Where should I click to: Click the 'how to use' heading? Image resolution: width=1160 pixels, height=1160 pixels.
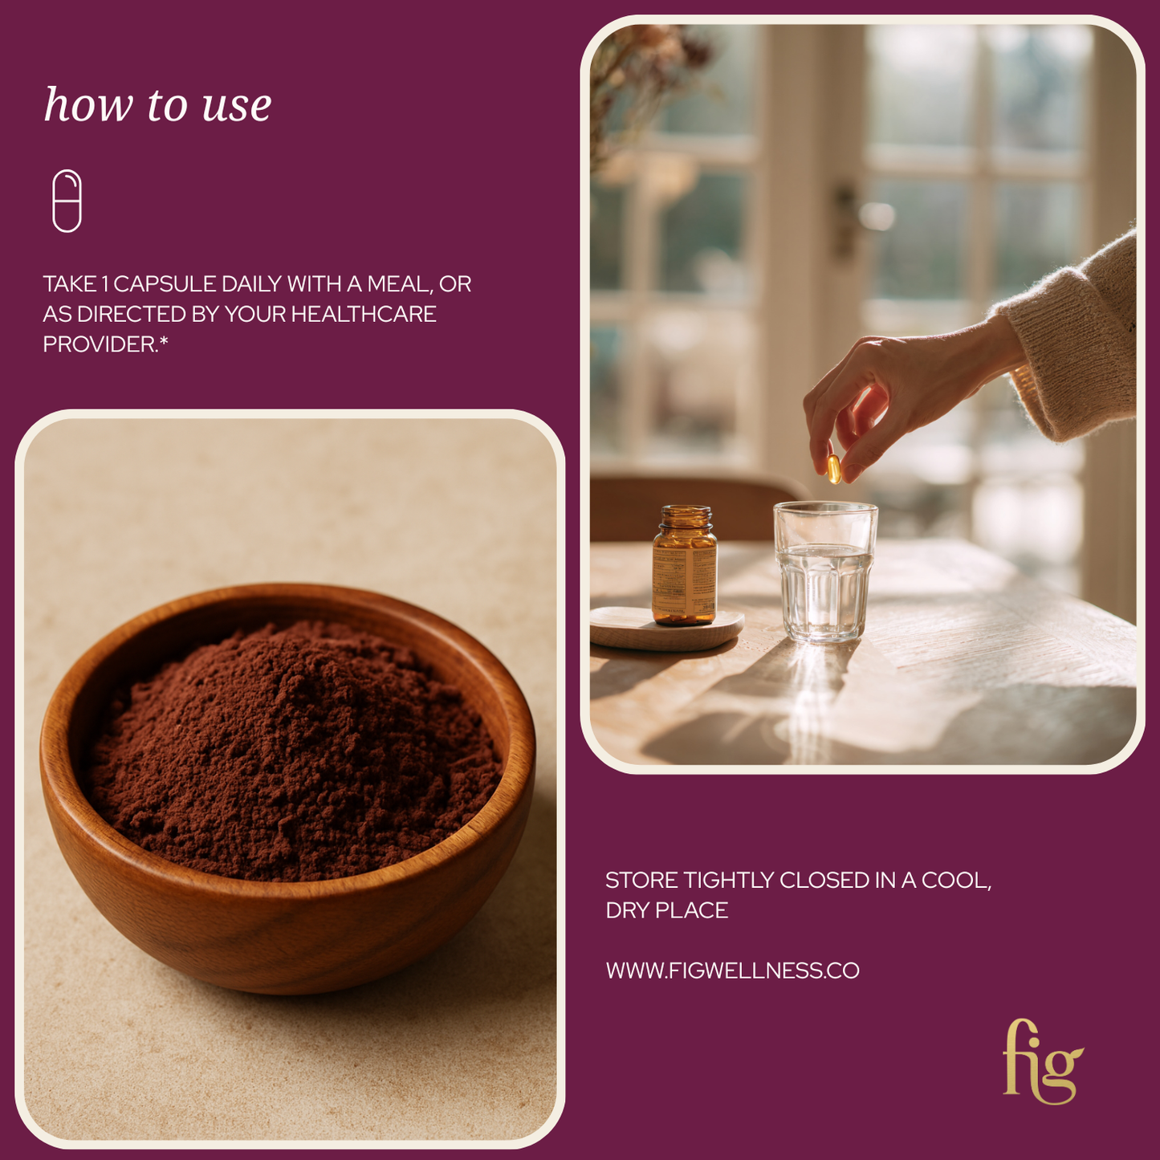[x=157, y=104]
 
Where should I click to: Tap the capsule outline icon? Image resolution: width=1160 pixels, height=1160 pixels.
[x=67, y=201]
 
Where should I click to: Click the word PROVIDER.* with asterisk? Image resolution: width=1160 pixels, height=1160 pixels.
[x=105, y=344]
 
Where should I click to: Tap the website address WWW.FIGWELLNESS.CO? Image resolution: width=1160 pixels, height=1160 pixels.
[x=733, y=971]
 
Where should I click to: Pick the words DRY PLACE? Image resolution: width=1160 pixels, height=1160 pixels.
[x=667, y=910]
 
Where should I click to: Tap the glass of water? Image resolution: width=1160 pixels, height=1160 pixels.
[x=824, y=572]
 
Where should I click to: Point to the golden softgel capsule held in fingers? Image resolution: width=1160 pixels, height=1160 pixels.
[x=834, y=468]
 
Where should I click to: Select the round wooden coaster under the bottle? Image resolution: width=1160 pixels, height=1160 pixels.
[x=667, y=628]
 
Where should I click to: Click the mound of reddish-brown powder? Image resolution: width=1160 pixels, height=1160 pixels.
[x=293, y=752]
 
